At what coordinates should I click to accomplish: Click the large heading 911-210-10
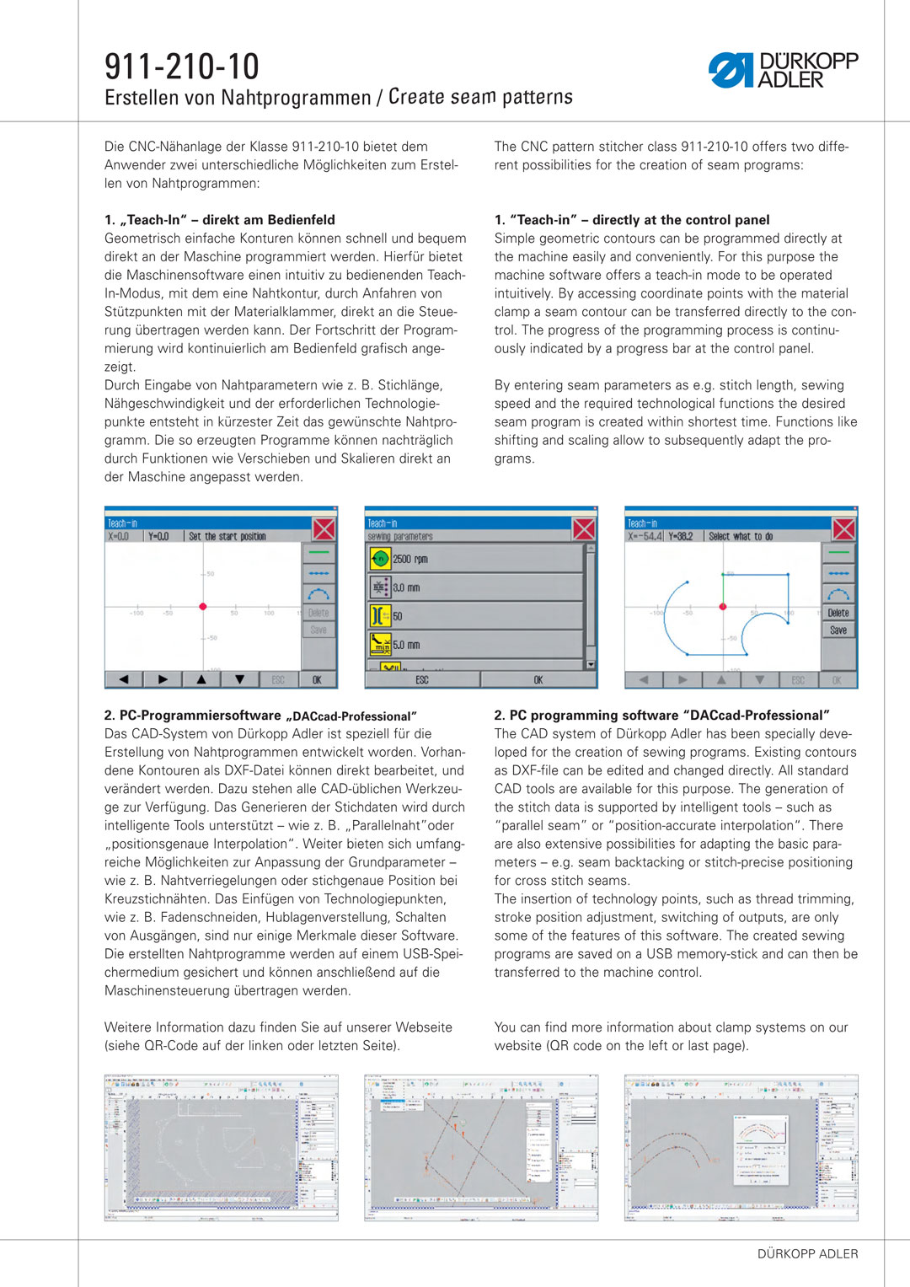pos(182,67)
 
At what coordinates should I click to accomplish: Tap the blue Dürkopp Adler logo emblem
pos(730,70)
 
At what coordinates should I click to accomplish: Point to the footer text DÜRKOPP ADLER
pos(807,1253)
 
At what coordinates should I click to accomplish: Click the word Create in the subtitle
pos(416,97)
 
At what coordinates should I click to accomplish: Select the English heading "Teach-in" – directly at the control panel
pos(632,220)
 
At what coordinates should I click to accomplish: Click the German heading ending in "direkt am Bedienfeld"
pos(220,220)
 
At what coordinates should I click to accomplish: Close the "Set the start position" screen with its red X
pos(324,529)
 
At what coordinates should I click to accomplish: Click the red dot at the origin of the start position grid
pos(203,607)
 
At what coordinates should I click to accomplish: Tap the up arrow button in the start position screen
pos(201,679)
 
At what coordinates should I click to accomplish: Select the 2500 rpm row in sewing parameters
pos(475,559)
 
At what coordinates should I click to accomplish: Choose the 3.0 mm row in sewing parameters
pos(475,587)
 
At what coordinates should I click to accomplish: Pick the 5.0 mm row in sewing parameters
pos(475,645)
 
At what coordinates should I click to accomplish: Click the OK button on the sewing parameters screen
pos(538,679)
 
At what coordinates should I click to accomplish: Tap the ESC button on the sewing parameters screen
pos(422,679)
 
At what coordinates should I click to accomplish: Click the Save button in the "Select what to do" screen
pos(838,630)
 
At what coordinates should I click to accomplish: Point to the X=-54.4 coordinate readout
pos(645,536)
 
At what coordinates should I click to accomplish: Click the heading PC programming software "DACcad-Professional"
pos(662,716)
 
